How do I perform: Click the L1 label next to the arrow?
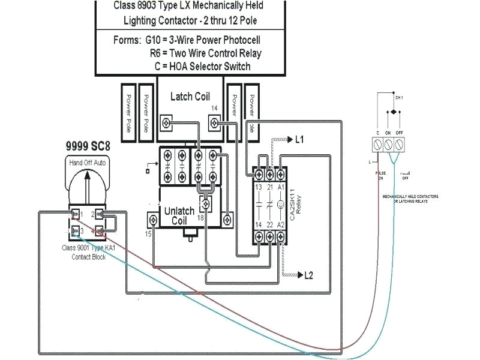pos(299,140)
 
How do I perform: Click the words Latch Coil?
pos(190,96)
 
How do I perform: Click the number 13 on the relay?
pos(259,188)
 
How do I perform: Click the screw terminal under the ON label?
pos(388,144)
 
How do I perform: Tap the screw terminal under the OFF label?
pos(398,144)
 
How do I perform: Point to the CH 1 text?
pos(399,97)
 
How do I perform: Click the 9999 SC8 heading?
pos(89,146)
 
